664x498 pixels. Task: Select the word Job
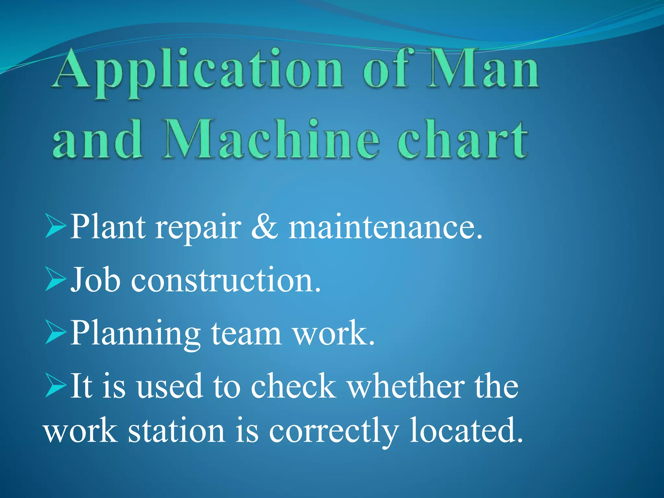point(95,279)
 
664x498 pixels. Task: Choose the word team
point(246,333)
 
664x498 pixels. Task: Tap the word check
point(293,386)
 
